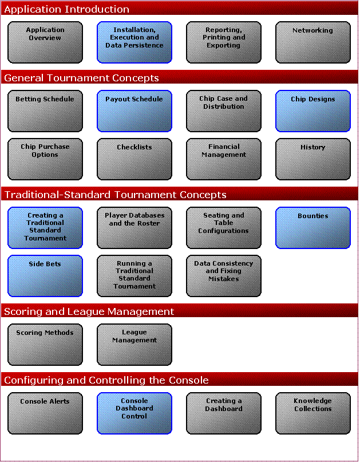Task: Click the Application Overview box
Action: [45, 42]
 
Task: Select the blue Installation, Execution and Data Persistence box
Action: [134, 42]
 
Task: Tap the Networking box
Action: [313, 42]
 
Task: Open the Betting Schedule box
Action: [45, 111]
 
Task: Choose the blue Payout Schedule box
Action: [134, 111]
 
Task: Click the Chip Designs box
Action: [313, 111]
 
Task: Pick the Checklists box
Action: [134, 159]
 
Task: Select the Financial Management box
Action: [224, 159]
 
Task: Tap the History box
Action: [313, 159]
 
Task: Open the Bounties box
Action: [313, 228]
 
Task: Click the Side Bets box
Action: [45, 276]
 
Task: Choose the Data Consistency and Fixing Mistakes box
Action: [224, 276]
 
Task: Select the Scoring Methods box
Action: [45, 345]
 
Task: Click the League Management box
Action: [134, 345]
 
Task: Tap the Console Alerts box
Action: [45, 413]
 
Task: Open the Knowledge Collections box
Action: [313, 413]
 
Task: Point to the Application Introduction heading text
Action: [66, 9]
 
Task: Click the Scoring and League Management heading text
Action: [89, 312]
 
